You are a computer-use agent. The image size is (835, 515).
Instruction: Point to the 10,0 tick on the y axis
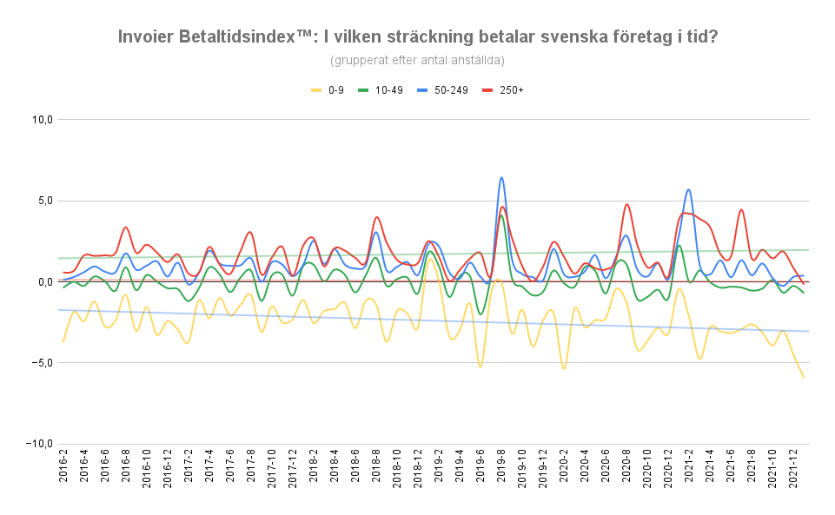point(42,120)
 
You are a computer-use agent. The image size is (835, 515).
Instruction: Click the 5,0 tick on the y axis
point(44,201)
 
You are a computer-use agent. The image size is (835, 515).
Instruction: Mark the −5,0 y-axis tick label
point(42,363)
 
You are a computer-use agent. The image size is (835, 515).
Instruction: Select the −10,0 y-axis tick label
point(39,444)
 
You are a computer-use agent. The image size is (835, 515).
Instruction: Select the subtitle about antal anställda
point(417,60)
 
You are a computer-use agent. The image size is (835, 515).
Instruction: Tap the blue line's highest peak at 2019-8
point(501,178)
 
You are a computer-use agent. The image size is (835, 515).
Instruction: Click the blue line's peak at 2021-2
point(689,189)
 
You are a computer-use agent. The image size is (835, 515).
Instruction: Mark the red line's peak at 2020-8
point(626,204)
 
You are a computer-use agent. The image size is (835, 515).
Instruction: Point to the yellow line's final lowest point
point(804,377)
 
